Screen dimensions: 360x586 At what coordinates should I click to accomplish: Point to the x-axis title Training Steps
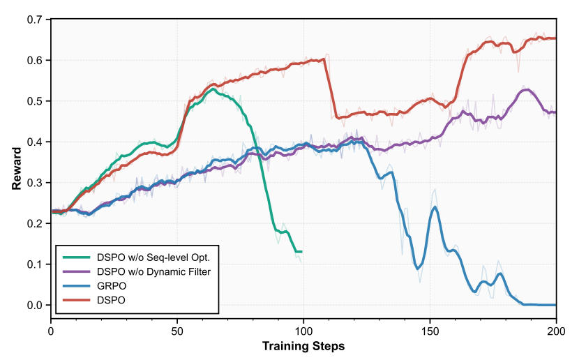pyautogui.click(x=303, y=346)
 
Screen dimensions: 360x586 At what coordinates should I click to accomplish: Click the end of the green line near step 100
pyautogui.click(x=301, y=251)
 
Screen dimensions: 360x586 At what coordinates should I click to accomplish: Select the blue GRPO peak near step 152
pyautogui.click(x=435, y=207)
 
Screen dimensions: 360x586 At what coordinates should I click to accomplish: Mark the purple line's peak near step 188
pyautogui.click(x=527, y=89)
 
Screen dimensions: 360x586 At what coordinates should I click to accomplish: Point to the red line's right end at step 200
pyautogui.click(x=556, y=38)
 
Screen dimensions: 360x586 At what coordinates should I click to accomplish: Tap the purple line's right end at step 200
pyautogui.click(x=556, y=112)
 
